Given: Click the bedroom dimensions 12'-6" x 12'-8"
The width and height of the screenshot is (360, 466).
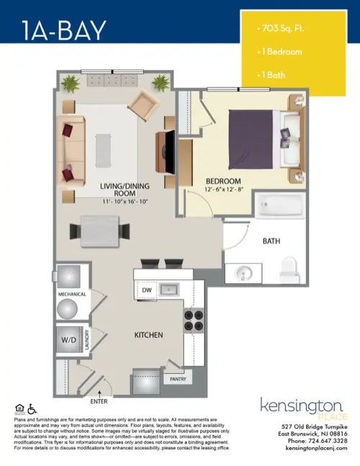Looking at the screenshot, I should pyautogui.click(x=223, y=190).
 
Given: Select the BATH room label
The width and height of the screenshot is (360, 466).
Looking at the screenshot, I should pyautogui.click(x=271, y=241).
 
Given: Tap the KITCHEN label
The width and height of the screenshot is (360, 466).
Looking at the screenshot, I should pyautogui.click(x=149, y=336).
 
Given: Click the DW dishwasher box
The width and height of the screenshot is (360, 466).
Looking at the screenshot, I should pyautogui.click(x=145, y=290).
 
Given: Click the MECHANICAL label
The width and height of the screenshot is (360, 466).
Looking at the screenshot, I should pyautogui.click(x=72, y=295).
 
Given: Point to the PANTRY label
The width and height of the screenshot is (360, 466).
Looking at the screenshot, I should pyautogui.click(x=178, y=377).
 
